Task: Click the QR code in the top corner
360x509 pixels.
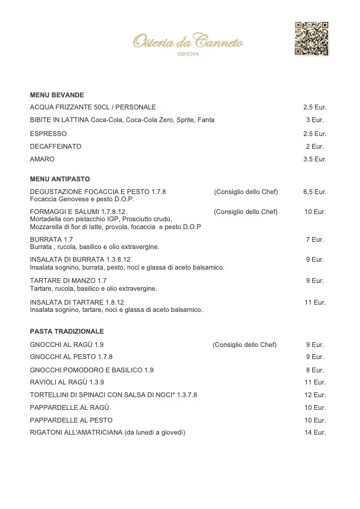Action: tap(312, 39)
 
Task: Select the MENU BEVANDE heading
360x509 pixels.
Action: tap(57, 95)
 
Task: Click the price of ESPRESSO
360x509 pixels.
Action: tap(315, 134)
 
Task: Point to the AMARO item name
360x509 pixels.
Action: tap(42, 159)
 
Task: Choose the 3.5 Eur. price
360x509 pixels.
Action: tap(315, 159)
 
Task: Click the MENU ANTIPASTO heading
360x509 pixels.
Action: tap(60, 180)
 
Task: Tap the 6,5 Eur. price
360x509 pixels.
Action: tap(315, 192)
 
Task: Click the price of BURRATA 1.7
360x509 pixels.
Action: tap(315, 239)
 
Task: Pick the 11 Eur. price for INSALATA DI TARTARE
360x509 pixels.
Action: tap(315, 302)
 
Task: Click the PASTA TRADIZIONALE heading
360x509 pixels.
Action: tap(67, 331)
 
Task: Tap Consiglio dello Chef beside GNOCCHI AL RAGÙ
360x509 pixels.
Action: tap(244, 345)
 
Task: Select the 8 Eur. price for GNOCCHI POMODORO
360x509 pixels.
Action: tap(315, 369)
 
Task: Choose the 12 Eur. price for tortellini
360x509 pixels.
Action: tap(315, 395)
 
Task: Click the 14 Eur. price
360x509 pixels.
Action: tap(315, 432)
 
